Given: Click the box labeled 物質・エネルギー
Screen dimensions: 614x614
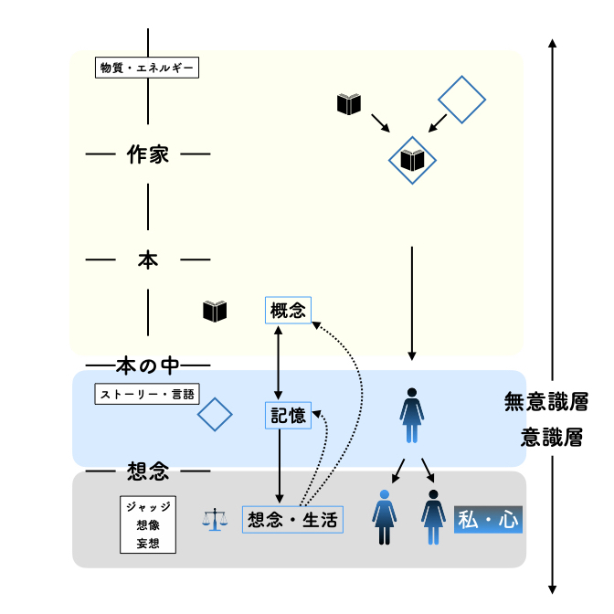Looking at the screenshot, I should tap(146, 68).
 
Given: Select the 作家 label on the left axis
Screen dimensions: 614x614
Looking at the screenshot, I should tap(148, 154).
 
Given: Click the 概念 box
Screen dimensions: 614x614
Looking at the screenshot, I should tap(288, 311).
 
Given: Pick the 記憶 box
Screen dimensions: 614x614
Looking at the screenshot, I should tap(288, 416).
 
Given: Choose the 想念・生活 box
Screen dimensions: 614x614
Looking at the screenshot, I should tap(292, 520).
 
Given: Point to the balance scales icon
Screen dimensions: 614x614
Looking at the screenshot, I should tap(216, 521).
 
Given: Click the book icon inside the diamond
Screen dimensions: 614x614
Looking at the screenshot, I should tap(413, 161).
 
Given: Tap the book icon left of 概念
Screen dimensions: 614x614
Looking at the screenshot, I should tap(215, 312).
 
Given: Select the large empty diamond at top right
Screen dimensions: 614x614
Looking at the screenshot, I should tap(460, 101).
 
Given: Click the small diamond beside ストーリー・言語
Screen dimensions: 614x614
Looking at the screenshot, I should tap(216, 415).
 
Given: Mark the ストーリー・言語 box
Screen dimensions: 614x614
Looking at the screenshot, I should tap(146, 396).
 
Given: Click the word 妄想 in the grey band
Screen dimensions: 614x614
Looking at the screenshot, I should tap(148, 545).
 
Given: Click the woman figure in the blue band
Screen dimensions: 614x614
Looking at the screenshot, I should tap(413, 416).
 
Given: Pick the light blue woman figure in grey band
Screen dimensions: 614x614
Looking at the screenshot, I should tap(384, 519).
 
